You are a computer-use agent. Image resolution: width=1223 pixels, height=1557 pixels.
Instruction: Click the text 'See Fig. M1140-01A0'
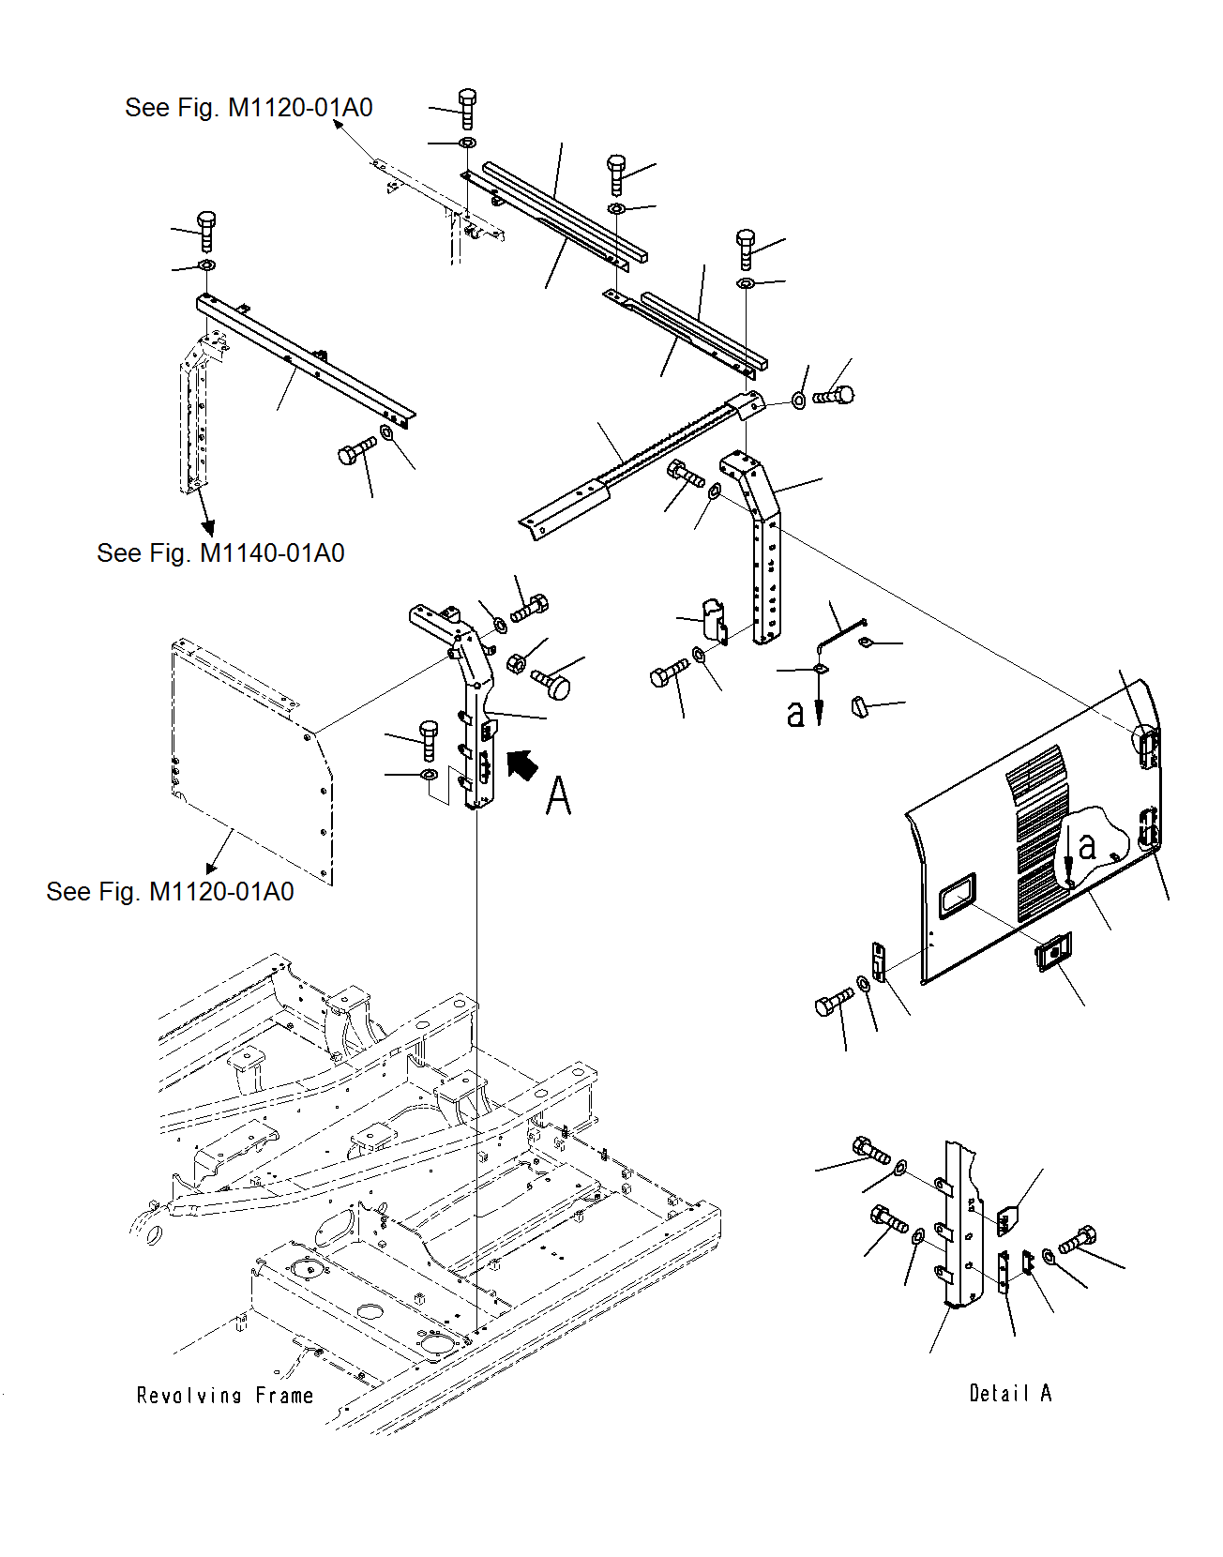click(220, 553)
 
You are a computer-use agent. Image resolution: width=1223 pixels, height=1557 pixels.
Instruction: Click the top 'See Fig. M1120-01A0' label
click(249, 108)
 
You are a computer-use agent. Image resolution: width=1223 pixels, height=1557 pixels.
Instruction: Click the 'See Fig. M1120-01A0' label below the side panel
click(170, 892)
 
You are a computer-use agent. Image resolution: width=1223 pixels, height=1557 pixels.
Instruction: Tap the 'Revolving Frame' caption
click(225, 1396)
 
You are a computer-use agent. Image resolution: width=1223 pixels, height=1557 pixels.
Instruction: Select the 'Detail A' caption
click(1010, 1394)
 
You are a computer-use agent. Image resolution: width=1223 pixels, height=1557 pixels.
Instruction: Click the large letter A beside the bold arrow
click(558, 796)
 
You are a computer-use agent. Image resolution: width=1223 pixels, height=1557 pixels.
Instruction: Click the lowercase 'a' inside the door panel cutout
click(1087, 846)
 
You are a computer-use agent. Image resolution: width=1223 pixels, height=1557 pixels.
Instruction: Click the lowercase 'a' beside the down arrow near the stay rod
click(795, 714)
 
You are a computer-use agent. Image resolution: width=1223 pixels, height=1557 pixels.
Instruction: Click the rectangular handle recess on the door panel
click(957, 896)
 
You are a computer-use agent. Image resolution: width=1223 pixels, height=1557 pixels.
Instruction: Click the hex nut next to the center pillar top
click(515, 664)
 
